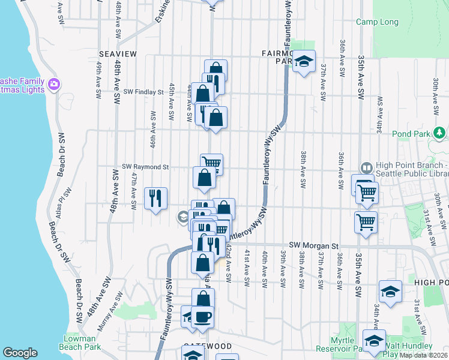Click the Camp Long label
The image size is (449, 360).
(x=377, y=22)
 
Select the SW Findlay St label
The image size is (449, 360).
(x=143, y=92)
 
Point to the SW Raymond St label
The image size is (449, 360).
(x=146, y=167)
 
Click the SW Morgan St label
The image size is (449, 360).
(x=314, y=245)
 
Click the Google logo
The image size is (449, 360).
(x=20, y=353)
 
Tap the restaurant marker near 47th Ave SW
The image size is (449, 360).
(x=155, y=198)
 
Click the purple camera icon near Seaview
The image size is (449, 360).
(x=55, y=85)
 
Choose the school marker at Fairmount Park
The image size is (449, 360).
(x=304, y=61)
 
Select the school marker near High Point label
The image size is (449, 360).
(x=390, y=292)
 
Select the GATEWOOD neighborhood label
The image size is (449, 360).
(x=207, y=346)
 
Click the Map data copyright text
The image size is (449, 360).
(x=423, y=355)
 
